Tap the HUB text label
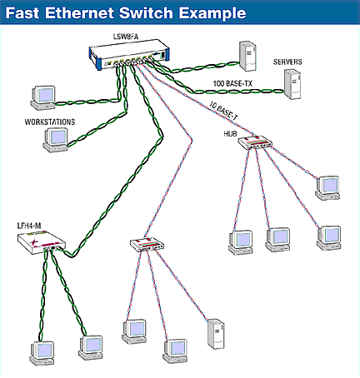pos(231,132)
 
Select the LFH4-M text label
pos(30,225)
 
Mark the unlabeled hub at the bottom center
pos(147,245)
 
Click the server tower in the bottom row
pos(215,335)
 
